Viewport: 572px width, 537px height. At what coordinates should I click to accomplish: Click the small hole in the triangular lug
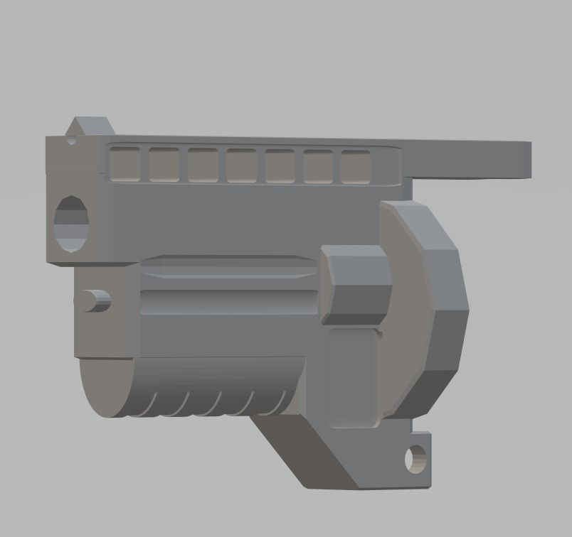(72, 140)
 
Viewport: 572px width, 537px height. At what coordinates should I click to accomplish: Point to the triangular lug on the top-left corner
(89, 127)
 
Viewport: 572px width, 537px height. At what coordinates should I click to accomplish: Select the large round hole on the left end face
(72, 223)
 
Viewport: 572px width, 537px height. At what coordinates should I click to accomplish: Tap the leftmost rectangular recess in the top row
(125, 164)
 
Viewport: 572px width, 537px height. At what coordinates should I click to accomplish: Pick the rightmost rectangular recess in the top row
(356, 167)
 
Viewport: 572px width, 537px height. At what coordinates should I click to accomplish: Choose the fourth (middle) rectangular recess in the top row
(241, 166)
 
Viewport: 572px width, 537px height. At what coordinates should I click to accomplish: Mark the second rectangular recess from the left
(164, 165)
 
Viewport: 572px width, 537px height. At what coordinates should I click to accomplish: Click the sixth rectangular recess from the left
(318, 167)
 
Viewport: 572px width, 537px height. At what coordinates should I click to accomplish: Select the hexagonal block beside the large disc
(356, 285)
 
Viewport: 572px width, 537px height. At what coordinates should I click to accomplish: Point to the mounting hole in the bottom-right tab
(415, 459)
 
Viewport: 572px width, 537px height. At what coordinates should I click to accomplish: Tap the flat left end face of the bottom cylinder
(103, 387)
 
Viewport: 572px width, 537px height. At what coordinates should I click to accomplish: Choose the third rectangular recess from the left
(203, 165)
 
